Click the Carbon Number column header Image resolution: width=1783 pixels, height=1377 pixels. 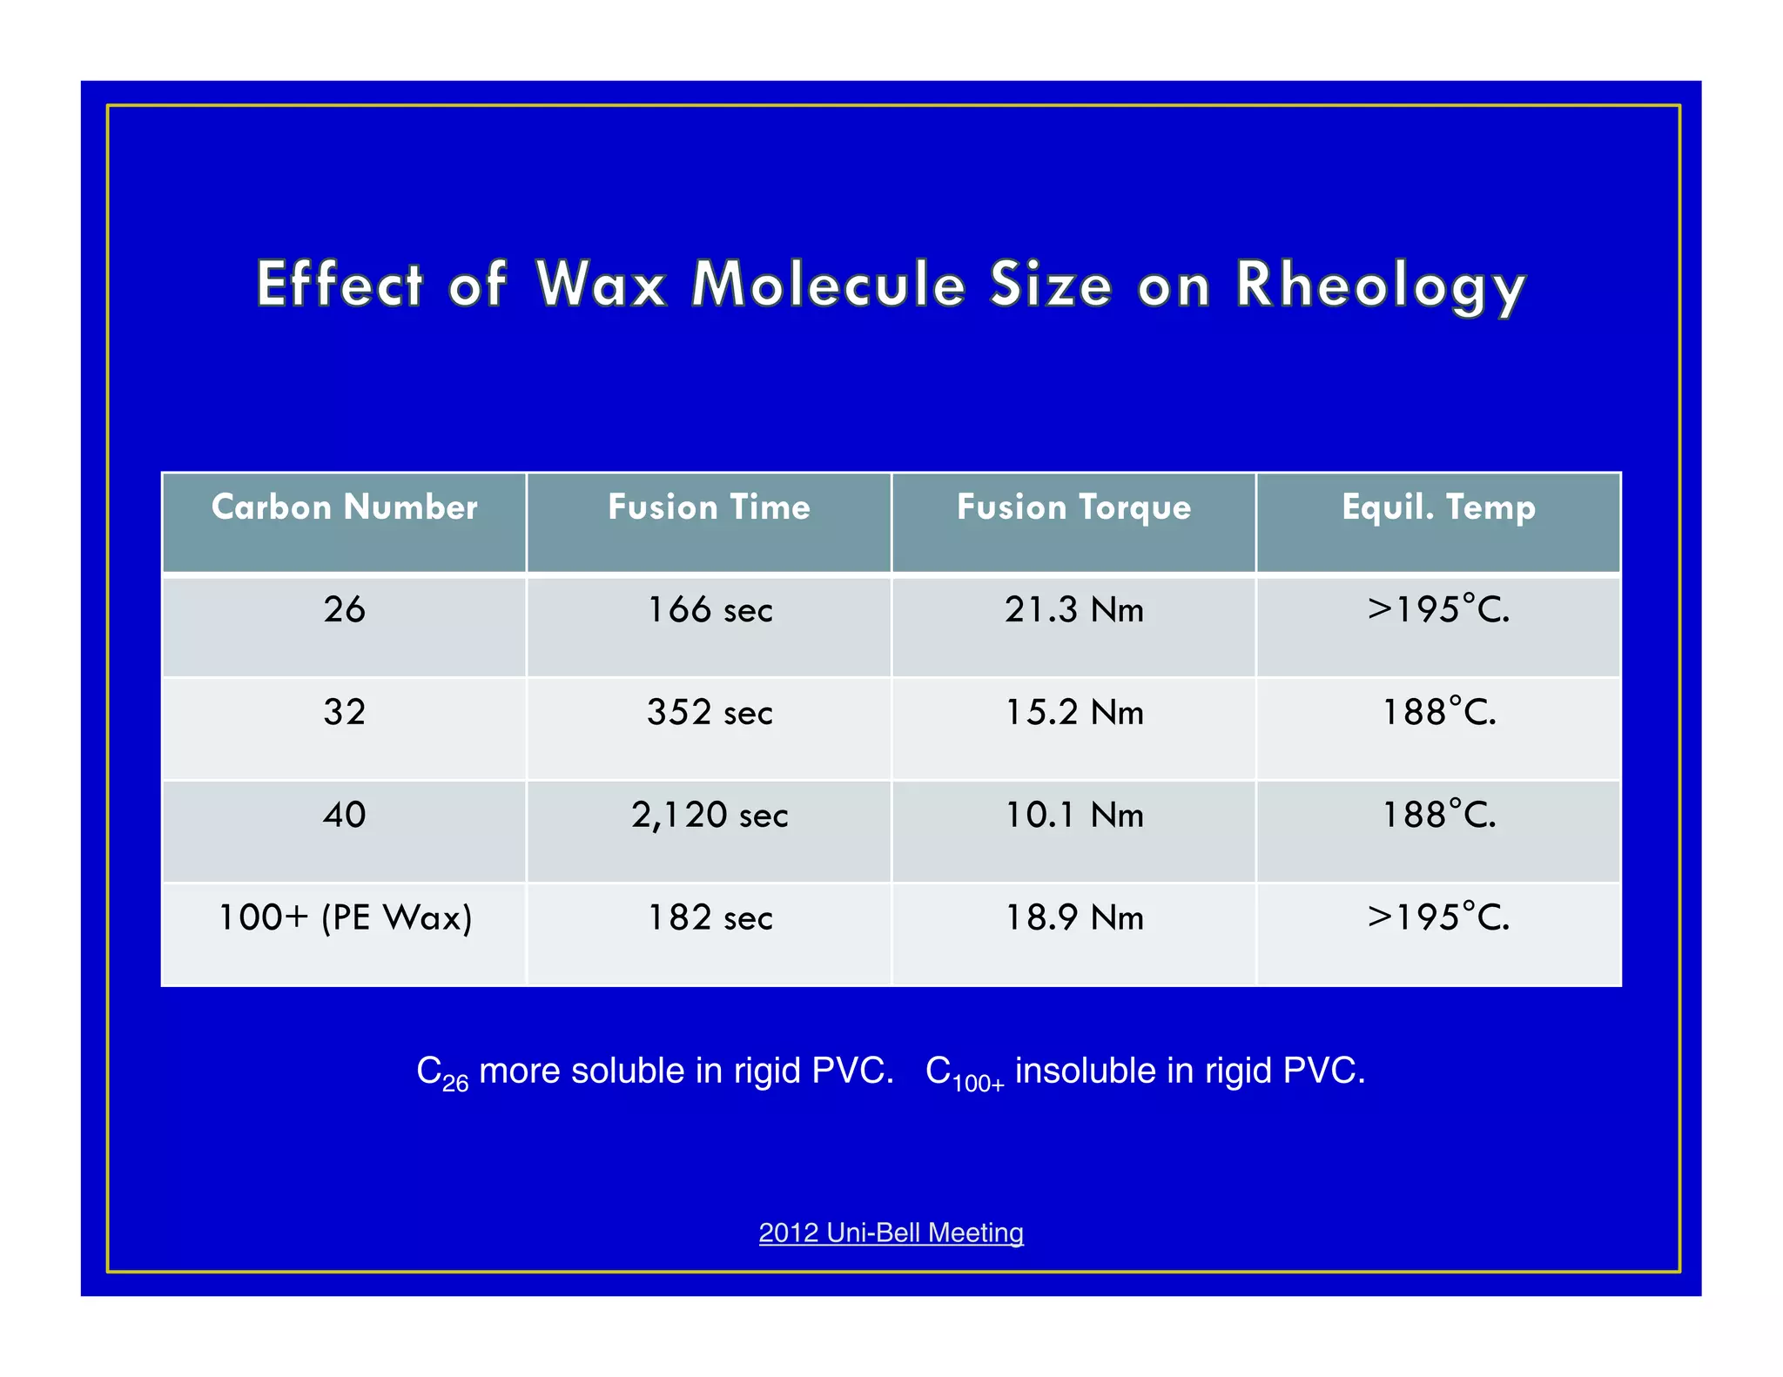click(x=344, y=507)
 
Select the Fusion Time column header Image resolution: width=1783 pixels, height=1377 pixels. click(x=709, y=507)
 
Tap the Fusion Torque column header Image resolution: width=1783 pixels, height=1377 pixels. click(x=1073, y=507)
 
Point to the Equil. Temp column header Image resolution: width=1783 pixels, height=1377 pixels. click(x=1438, y=507)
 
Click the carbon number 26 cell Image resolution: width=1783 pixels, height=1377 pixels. click(x=344, y=609)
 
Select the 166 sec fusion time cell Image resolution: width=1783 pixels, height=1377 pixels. click(x=710, y=609)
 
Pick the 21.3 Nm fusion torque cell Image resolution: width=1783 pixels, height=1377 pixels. click(x=1073, y=609)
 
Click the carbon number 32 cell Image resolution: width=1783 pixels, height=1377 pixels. click(x=344, y=712)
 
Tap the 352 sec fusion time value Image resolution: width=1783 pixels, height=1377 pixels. click(x=710, y=712)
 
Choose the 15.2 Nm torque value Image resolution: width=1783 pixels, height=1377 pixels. click(x=1073, y=712)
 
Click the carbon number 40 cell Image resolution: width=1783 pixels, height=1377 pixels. click(x=344, y=815)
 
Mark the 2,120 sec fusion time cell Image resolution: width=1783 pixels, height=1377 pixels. click(x=710, y=815)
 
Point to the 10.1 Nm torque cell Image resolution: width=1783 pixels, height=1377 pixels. click(x=1073, y=815)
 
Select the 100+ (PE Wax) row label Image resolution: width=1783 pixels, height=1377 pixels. click(x=344, y=917)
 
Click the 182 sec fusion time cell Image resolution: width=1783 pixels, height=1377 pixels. click(x=710, y=917)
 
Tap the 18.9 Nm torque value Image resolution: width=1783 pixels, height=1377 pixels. click(x=1073, y=917)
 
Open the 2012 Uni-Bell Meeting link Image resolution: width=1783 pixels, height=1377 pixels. click(x=891, y=1233)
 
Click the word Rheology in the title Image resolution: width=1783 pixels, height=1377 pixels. click(x=1380, y=285)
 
